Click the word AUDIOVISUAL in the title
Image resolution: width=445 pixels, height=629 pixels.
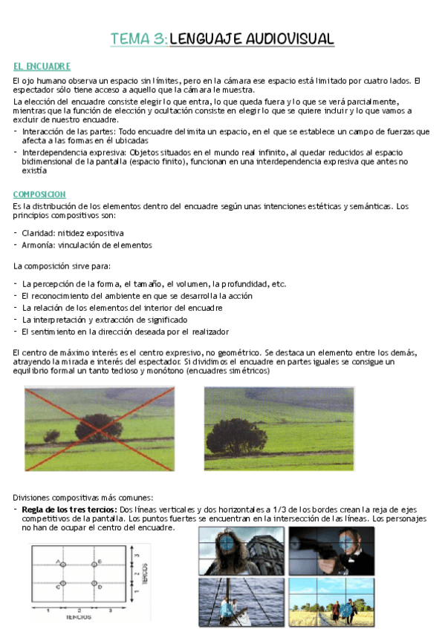[x=290, y=39]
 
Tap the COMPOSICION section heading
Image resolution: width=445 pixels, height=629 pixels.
[x=40, y=194]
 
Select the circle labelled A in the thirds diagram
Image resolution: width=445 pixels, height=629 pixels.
[x=63, y=564]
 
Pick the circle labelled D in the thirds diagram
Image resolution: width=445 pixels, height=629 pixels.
[x=95, y=583]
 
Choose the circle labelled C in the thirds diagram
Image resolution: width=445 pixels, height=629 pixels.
[x=63, y=583]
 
